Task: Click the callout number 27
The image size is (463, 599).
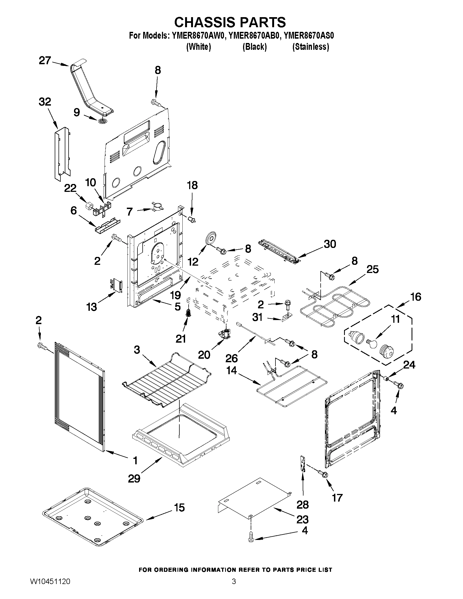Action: click(x=45, y=60)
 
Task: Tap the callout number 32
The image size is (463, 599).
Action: click(x=45, y=102)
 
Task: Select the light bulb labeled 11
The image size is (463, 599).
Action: click(x=372, y=343)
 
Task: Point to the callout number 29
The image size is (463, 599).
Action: click(x=134, y=479)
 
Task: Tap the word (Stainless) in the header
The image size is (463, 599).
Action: click(x=311, y=47)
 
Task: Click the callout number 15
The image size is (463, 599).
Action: click(x=179, y=507)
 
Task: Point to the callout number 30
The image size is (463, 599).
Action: click(x=330, y=244)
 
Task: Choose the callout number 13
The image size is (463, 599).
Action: click(x=92, y=307)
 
